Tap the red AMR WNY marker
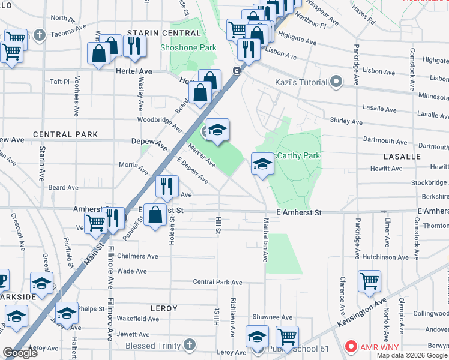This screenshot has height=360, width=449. (351, 347)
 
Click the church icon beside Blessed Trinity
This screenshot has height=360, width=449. (189, 345)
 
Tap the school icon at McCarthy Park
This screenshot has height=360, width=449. (262, 163)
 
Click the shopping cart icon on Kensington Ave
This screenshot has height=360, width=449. (369, 280)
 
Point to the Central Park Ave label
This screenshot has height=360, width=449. (217, 282)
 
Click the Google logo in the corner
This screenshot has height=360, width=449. (20, 353)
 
